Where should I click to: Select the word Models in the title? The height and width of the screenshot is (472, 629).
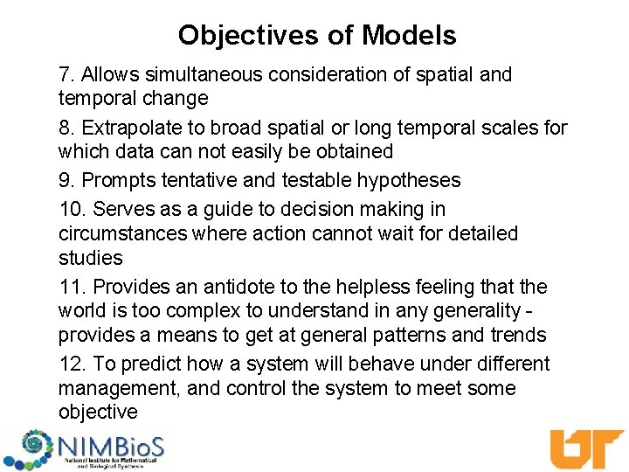(409, 35)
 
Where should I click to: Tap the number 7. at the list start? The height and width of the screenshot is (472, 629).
(67, 75)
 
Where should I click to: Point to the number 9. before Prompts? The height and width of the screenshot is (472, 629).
(67, 180)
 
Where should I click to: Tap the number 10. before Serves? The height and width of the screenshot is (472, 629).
(73, 210)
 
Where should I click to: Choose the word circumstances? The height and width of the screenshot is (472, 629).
(122, 234)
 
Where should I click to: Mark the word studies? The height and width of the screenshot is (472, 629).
(90, 259)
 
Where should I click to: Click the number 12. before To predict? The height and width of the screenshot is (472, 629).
(73, 364)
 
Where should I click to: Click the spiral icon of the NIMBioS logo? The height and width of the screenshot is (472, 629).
(29, 448)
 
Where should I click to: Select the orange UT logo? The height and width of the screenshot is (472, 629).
(585, 448)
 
